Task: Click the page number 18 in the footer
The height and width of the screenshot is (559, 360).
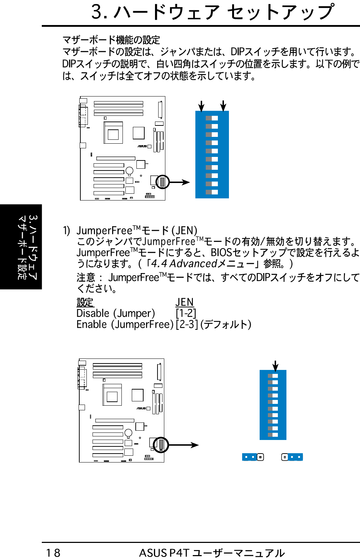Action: click(53, 553)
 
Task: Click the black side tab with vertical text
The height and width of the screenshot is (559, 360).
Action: click(21, 247)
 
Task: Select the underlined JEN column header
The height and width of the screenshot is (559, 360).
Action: click(184, 302)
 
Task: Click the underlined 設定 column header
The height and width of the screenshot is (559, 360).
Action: click(85, 302)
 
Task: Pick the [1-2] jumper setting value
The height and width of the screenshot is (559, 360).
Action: click(186, 313)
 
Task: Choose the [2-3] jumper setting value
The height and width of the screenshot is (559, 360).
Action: click(187, 324)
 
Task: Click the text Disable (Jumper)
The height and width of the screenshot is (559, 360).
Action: click(116, 313)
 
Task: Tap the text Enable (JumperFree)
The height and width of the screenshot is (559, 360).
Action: click(125, 324)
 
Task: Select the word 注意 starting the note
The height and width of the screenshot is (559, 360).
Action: click(86, 277)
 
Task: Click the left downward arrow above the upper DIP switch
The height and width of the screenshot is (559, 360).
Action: click(201, 106)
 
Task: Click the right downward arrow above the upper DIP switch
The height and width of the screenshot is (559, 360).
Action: click(223, 106)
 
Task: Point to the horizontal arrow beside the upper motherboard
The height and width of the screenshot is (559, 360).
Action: click(180, 182)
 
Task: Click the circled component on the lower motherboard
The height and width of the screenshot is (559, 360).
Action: click(161, 445)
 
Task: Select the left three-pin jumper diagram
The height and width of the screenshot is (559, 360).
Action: click(253, 457)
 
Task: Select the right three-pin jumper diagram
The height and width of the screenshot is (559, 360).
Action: click(292, 457)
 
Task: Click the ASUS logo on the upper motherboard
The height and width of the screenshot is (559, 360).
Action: click(142, 146)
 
